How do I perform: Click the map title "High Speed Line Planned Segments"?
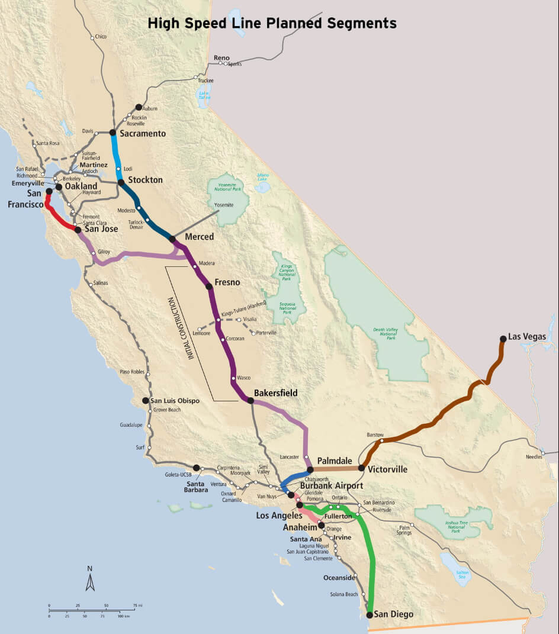tap(272, 24)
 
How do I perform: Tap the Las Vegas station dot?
tap(503, 339)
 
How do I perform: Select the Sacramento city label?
tap(142, 134)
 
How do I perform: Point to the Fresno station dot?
tap(209, 287)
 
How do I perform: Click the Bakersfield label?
tap(275, 393)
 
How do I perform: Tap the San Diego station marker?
tap(370, 615)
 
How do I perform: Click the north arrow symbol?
tap(90, 578)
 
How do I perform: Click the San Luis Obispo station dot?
tap(145, 401)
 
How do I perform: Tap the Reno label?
tap(221, 57)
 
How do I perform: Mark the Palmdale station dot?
tap(310, 469)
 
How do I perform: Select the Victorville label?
tap(387, 469)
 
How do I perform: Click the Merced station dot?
tap(172, 239)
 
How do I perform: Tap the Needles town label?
tap(534, 456)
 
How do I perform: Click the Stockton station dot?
tap(121, 182)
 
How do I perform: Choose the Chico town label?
tap(101, 37)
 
